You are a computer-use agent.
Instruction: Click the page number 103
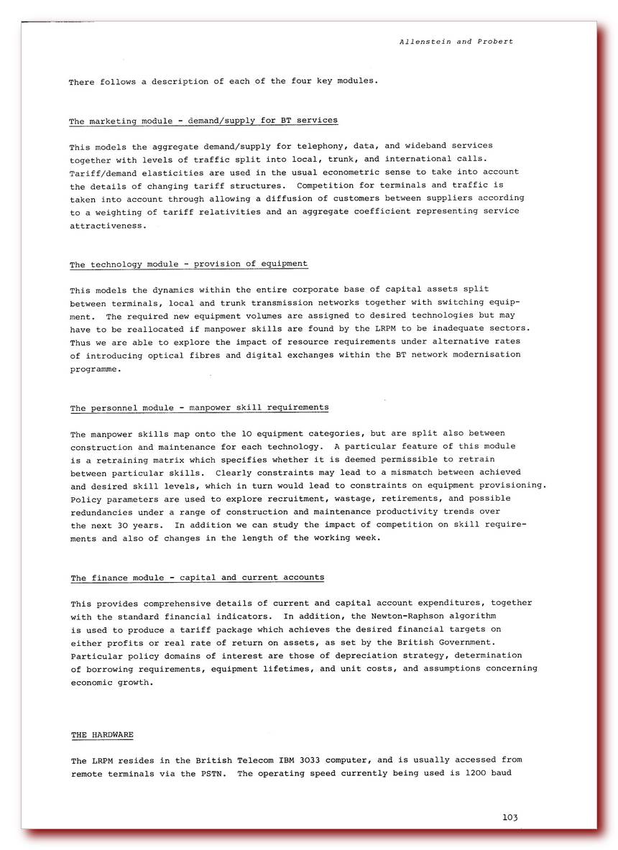click(x=510, y=817)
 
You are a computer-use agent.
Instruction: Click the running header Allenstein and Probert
click(x=456, y=42)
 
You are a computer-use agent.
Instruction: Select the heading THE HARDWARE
click(x=101, y=735)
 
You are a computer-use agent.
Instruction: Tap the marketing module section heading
click(x=203, y=121)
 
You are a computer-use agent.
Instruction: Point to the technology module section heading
click(x=188, y=264)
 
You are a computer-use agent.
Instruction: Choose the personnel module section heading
click(x=199, y=407)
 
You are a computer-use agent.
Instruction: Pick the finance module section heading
click(x=197, y=577)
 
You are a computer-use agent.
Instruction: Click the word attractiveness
click(x=107, y=224)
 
